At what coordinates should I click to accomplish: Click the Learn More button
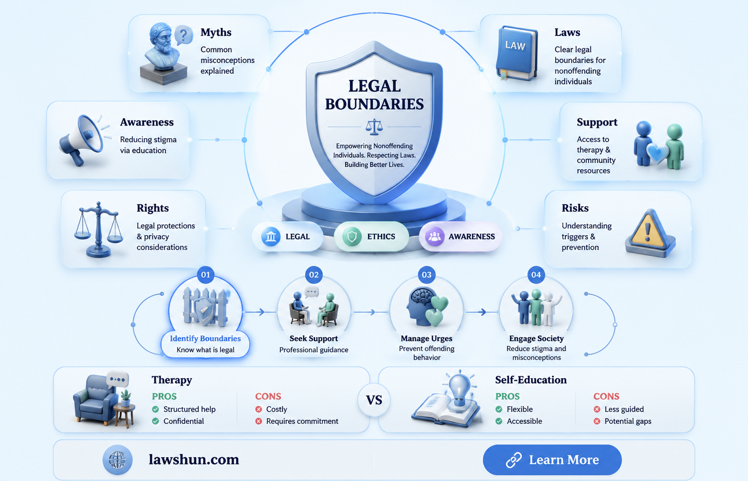click(x=552, y=459)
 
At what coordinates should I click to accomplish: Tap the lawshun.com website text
click(x=194, y=459)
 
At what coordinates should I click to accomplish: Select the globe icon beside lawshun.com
click(x=118, y=460)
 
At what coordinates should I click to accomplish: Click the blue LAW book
click(x=517, y=54)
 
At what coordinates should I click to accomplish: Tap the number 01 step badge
click(x=205, y=275)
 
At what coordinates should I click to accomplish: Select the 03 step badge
click(x=427, y=275)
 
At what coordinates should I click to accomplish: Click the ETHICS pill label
click(x=381, y=237)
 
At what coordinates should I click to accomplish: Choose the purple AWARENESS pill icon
click(x=434, y=237)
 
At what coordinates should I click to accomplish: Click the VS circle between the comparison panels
click(x=374, y=400)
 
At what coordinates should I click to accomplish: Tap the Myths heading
click(x=216, y=33)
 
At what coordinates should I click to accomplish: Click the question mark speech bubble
click(x=184, y=35)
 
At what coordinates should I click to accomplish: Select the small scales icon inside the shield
click(x=374, y=127)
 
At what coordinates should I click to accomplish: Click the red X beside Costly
click(x=258, y=409)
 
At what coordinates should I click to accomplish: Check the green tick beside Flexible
click(x=499, y=409)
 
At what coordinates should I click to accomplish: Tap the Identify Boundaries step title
click(x=205, y=339)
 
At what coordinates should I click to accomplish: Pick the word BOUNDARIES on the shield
click(x=374, y=104)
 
